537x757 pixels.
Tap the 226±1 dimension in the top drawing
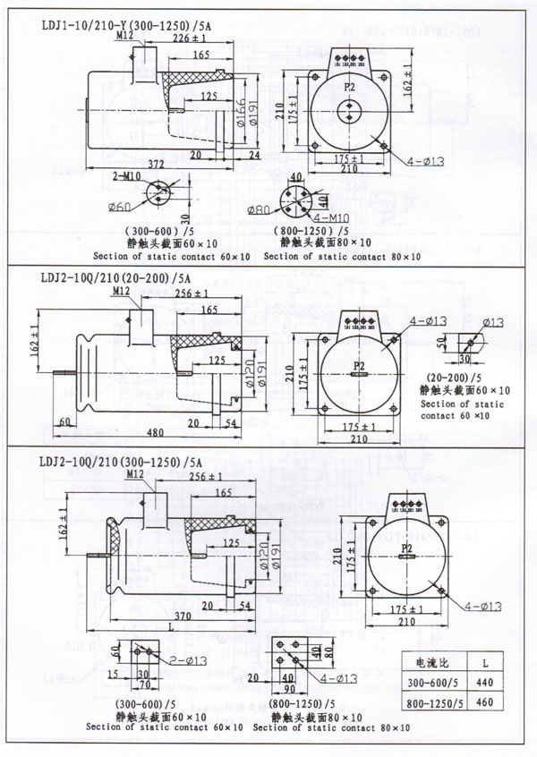190,38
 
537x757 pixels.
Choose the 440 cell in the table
484,683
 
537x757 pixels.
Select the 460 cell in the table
484,703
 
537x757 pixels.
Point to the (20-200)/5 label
450,378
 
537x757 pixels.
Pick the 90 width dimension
289,690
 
